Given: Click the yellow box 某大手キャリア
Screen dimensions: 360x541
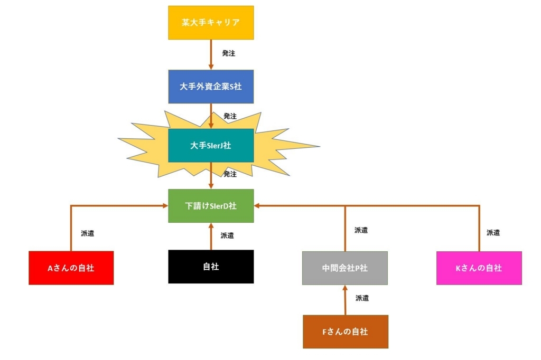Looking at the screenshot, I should [211, 23].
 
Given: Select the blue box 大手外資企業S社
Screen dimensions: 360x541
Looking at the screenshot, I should [211, 87].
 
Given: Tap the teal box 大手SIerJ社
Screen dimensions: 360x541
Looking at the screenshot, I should [211, 145].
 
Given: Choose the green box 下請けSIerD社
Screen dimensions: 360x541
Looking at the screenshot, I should [211, 206].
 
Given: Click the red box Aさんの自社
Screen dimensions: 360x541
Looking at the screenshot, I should [71, 268].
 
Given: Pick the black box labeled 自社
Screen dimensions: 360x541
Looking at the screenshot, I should [211, 267].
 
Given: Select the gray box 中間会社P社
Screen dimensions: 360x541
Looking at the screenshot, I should [345, 268].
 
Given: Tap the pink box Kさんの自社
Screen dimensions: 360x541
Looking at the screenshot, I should [479, 268].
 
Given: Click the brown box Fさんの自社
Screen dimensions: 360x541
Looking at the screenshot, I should [345, 332].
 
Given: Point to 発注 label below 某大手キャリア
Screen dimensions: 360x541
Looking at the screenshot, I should [229, 53].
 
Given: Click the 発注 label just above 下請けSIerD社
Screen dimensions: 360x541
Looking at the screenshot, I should [230, 174].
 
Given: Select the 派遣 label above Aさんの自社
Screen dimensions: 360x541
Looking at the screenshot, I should [88, 233].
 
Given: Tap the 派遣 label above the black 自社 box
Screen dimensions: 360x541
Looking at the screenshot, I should [227, 235].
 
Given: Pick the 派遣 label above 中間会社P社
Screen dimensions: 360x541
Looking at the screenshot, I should [361, 230].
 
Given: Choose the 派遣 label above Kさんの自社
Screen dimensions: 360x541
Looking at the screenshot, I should [493, 232].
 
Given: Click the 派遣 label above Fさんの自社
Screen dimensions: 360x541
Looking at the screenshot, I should [362, 298].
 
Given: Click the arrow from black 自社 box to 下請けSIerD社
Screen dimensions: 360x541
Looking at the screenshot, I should [211, 236].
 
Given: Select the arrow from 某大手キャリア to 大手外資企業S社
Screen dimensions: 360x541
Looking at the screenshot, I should [211, 54].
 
